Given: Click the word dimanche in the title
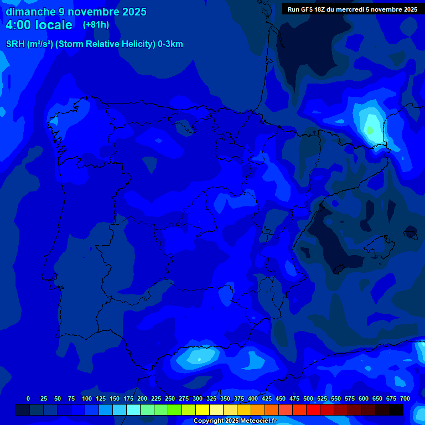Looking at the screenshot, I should click(30, 12).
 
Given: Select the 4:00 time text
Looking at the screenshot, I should click(20, 25).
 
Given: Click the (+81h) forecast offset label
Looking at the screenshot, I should click(96, 25).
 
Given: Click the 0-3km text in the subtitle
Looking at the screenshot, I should click(170, 44).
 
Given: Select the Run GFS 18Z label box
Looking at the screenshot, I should click(353, 9).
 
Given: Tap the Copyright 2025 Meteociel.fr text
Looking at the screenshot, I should click(235, 421).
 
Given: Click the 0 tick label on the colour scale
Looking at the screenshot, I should click(28, 398).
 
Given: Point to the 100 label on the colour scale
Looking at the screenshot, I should click(87, 398).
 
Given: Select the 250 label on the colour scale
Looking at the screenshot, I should click(170, 398).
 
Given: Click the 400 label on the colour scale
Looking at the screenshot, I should click(253, 398).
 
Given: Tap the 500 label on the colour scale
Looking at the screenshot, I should click(308, 398).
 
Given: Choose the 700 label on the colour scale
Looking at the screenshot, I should click(405, 398).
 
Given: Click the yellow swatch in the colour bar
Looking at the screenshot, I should click(203, 410).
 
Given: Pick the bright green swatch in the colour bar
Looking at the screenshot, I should click(175, 410).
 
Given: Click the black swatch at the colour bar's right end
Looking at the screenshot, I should click(396, 410).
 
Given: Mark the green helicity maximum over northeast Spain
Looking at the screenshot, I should click(370, 131).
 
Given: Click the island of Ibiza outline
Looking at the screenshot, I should click(336, 269).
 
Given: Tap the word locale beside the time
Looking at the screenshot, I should click(52, 25).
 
